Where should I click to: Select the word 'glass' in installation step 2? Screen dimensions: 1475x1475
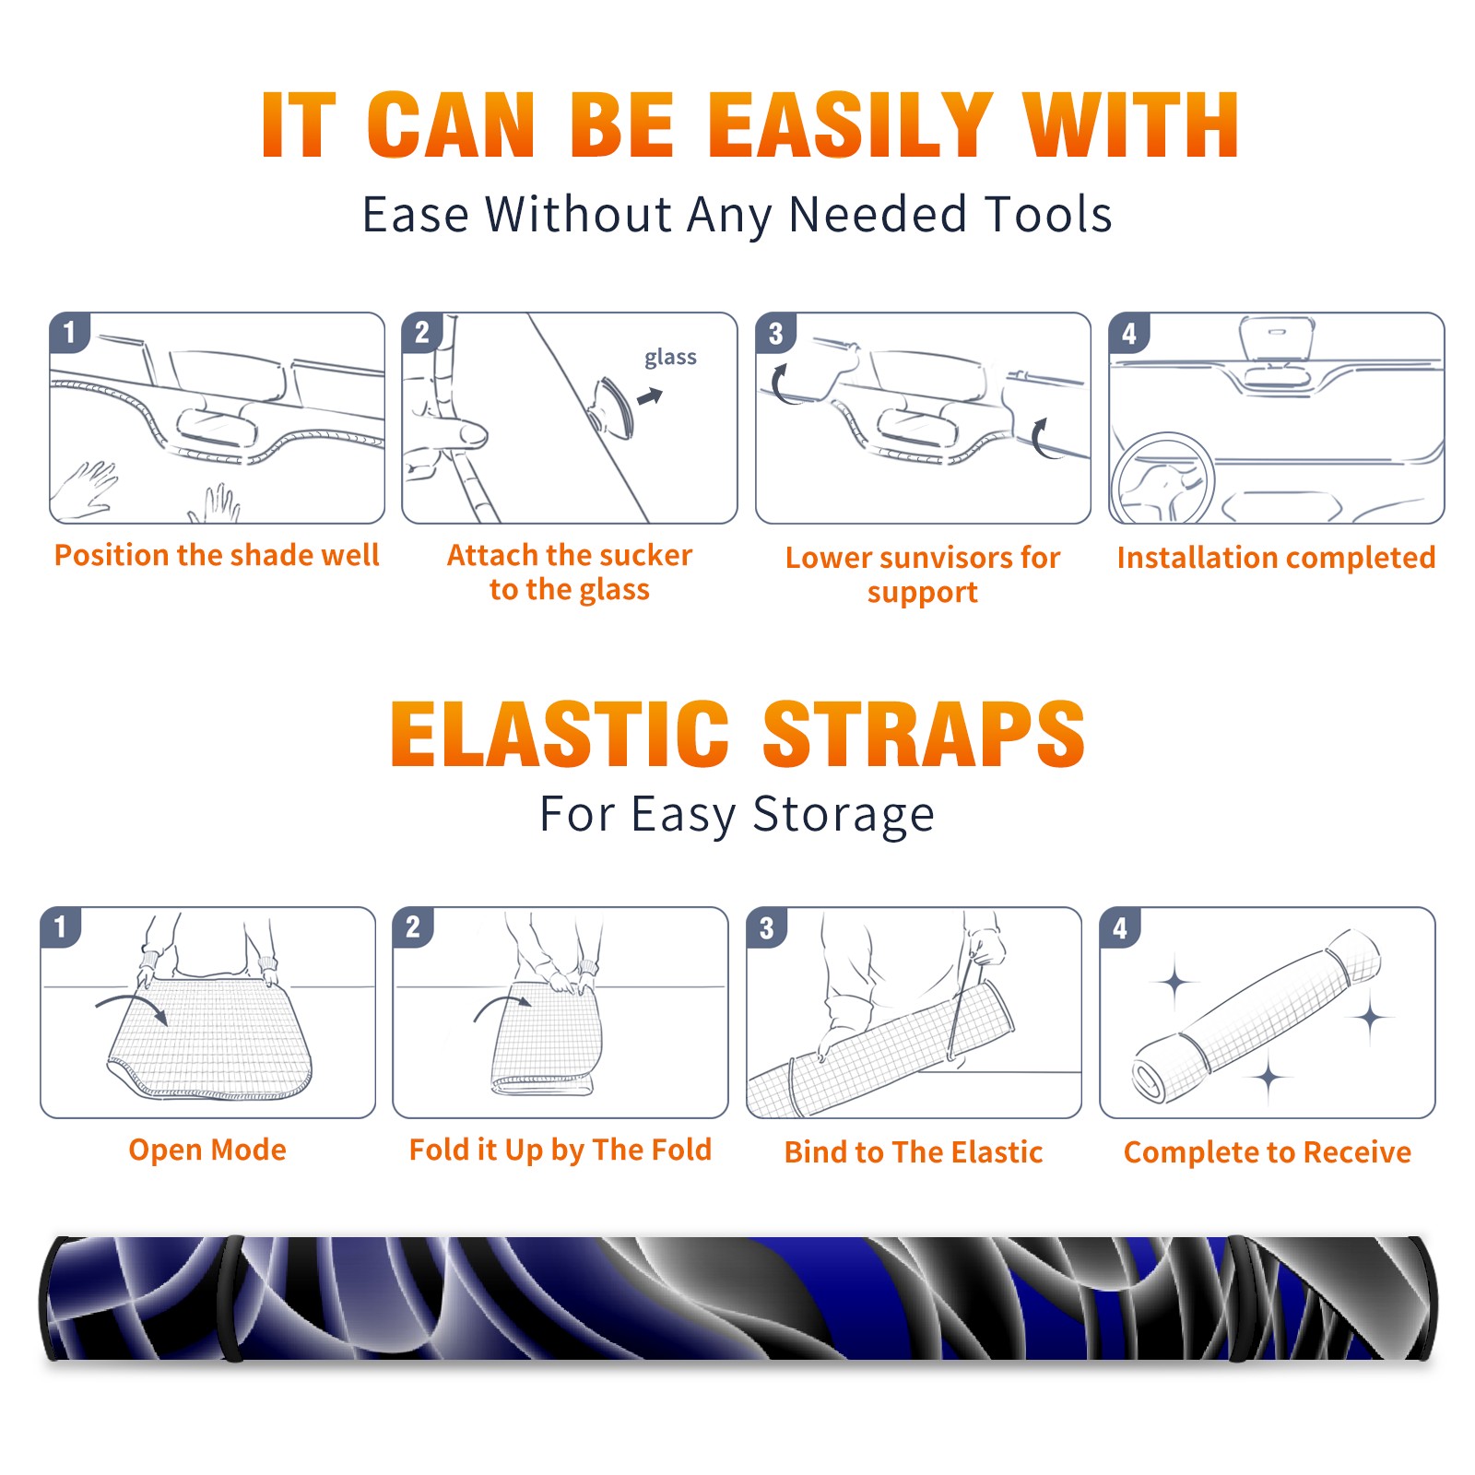(x=670, y=358)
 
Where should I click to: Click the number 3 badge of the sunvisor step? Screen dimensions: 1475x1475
(x=775, y=333)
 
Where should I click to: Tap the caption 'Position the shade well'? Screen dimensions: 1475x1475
(x=217, y=555)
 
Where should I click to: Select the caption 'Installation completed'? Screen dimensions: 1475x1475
(x=1276, y=557)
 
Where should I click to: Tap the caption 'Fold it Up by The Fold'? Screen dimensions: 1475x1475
(x=560, y=1150)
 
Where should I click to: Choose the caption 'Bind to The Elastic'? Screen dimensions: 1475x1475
(x=914, y=1151)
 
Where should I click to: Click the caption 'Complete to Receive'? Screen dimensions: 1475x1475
(x=1268, y=1151)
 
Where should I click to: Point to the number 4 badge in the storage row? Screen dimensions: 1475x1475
(x=1120, y=927)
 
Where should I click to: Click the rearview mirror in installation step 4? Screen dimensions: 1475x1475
(x=1277, y=336)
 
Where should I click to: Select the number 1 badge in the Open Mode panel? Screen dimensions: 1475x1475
(x=61, y=926)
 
